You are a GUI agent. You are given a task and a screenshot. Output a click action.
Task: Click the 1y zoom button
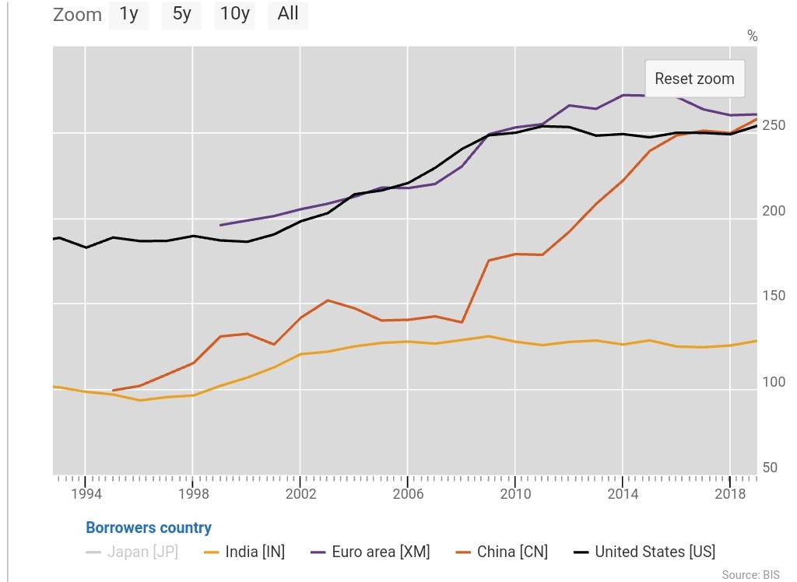point(128,15)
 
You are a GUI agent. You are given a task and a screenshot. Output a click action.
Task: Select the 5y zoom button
point(181,15)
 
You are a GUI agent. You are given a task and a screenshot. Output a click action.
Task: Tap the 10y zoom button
point(234,15)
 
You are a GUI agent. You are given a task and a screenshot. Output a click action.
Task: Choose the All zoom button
point(287,15)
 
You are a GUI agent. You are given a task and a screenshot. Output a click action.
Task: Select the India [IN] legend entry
point(244,552)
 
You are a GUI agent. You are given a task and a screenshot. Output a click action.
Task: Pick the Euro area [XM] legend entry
point(370,552)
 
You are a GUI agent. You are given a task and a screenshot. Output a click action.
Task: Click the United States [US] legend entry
point(644,552)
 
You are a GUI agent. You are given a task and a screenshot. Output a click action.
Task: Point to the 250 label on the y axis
point(770,126)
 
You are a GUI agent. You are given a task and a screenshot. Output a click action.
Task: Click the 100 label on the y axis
point(770,382)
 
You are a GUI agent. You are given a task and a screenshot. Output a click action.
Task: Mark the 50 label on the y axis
point(770,468)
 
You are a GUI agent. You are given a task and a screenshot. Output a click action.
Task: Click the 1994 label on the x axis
point(86,494)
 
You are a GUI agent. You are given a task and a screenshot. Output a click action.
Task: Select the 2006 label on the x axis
point(407,494)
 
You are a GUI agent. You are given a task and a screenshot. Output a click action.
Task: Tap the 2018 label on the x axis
point(729,494)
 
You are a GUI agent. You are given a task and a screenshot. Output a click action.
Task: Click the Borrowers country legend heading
point(149,528)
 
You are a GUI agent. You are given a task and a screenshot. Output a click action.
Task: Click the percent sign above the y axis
point(752,36)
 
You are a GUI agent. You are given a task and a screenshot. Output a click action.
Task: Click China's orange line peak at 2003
point(328,300)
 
